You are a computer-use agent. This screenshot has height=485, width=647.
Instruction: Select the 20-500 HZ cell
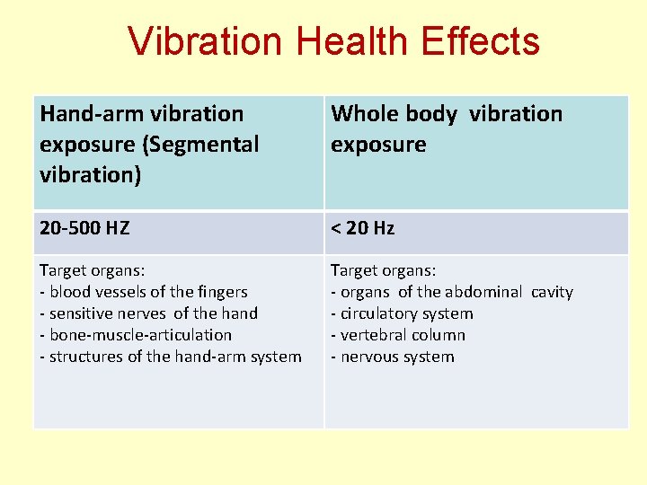click(84, 228)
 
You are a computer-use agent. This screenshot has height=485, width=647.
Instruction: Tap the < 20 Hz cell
click(362, 228)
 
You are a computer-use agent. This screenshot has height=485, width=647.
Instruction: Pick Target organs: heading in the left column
click(92, 270)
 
